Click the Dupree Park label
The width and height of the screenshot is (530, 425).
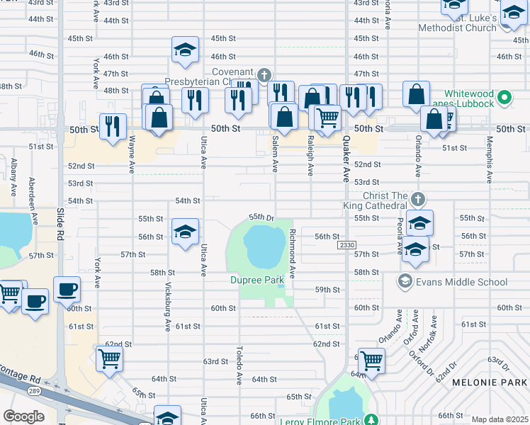[256, 280]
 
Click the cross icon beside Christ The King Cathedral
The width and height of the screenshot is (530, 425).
[418, 198]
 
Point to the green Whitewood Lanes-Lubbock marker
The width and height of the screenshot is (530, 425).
[504, 96]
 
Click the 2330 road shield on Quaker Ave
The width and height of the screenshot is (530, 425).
[346, 244]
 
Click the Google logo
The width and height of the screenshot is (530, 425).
[23, 416]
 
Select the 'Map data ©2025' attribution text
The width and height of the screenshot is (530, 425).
[500, 419]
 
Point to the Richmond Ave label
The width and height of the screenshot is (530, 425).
[291, 251]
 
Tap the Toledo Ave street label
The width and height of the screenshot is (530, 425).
[239, 365]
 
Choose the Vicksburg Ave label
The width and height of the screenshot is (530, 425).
[168, 312]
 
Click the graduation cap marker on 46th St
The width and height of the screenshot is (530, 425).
[185, 50]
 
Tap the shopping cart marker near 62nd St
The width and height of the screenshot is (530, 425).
[109, 358]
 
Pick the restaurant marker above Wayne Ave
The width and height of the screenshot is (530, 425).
[113, 126]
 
